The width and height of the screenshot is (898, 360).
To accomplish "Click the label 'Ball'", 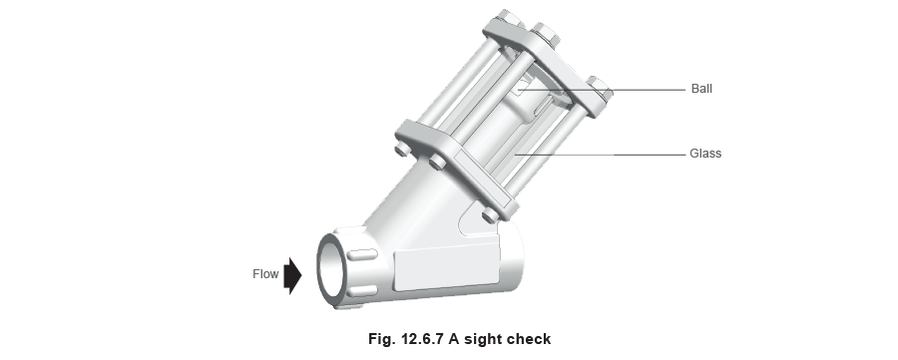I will (x=701, y=89).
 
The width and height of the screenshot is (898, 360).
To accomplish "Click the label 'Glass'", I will (x=704, y=155).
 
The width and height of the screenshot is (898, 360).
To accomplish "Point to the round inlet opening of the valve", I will (x=330, y=266).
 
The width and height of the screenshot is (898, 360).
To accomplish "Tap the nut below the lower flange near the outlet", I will (x=486, y=216).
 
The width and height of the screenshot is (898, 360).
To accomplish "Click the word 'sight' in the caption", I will (x=474, y=338).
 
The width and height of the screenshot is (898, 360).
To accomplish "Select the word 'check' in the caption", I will (x=527, y=338).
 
